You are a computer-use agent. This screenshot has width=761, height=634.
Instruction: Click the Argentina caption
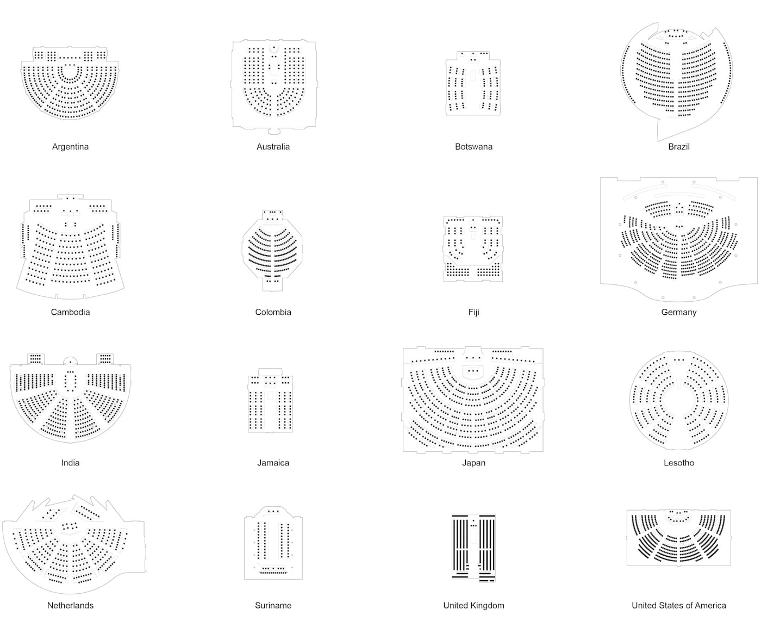pyautogui.click(x=70, y=147)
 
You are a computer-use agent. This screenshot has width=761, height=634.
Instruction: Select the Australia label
pyautogui.click(x=273, y=147)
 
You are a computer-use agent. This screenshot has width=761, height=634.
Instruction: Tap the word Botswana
pyautogui.click(x=473, y=147)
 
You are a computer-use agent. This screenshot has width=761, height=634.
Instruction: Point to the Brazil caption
pyautogui.click(x=678, y=147)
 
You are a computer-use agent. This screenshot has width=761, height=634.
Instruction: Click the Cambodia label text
pyautogui.click(x=70, y=312)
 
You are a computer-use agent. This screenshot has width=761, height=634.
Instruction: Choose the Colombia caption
pyautogui.click(x=273, y=312)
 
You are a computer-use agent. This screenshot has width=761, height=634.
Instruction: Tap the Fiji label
pyautogui.click(x=473, y=312)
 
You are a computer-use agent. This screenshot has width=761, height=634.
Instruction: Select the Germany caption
pyautogui.click(x=678, y=312)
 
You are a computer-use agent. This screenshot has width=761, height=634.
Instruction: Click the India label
pyautogui.click(x=70, y=463)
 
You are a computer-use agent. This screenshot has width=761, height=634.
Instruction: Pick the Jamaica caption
pyautogui.click(x=273, y=463)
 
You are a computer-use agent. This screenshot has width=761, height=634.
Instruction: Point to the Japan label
pyautogui.click(x=473, y=463)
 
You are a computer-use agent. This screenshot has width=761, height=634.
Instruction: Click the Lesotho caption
pyautogui.click(x=678, y=463)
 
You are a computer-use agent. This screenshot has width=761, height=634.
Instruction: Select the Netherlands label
pyautogui.click(x=70, y=605)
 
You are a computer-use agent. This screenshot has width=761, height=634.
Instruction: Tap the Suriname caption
pyautogui.click(x=273, y=605)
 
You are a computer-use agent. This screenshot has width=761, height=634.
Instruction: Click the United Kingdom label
pyautogui.click(x=473, y=605)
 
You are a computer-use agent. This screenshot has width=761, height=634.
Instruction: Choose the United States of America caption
pyautogui.click(x=678, y=605)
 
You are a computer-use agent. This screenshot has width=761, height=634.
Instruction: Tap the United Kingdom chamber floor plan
pyautogui.click(x=473, y=547)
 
